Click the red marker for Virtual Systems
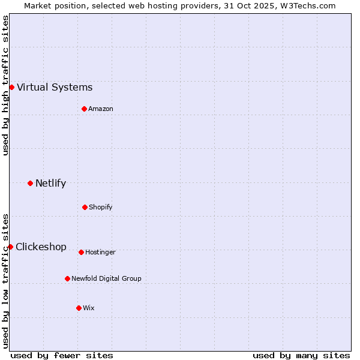pyautogui.click(x=11, y=87)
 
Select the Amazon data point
pyautogui.click(x=84, y=109)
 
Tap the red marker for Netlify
pyautogui.click(x=30, y=183)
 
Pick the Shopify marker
pyautogui.click(x=85, y=207)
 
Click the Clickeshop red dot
pyautogui.click(x=10, y=247)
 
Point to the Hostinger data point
pyautogui.click(x=81, y=252)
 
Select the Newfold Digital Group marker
pyautogui.click(x=67, y=278)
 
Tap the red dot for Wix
pyautogui.click(x=79, y=308)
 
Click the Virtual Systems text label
pyautogui.click(x=55, y=88)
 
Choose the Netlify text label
pyautogui.click(x=50, y=184)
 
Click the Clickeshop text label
pyautogui.click(x=41, y=247)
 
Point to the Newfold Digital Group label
pyautogui.click(x=106, y=278)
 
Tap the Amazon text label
pyautogui.click(x=101, y=109)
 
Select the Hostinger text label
pyautogui.click(x=100, y=252)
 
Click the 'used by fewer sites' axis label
pyautogui.click(x=62, y=355)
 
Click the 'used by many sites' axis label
pyautogui.click(x=301, y=355)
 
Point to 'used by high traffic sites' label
pyautogui.click(x=5, y=85)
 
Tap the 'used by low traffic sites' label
pyautogui.click(x=5, y=281)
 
